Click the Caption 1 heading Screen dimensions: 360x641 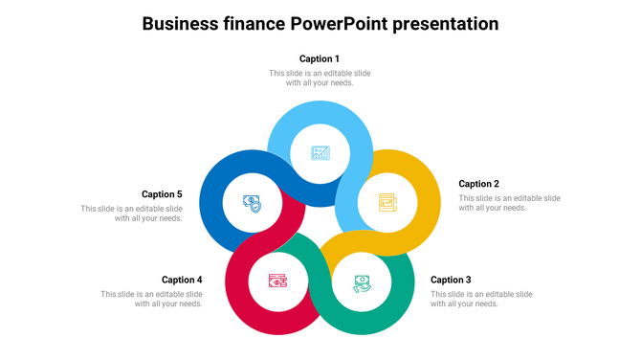(x=320, y=59)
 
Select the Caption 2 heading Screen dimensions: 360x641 (x=478, y=184)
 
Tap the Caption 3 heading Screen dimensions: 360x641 (x=451, y=281)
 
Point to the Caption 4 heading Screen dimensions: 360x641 (x=182, y=281)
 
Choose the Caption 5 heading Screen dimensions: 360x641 (x=162, y=194)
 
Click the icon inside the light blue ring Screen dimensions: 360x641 (x=320, y=153)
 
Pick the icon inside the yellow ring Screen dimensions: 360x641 (x=387, y=202)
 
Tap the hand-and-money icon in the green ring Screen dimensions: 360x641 (x=362, y=282)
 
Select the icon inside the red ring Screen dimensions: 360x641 (x=277, y=282)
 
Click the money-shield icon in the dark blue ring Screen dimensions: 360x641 (x=253, y=204)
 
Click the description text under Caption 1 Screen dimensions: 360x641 (x=320, y=78)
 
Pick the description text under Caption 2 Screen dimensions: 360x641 (x=509, y=203)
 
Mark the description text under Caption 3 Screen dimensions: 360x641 (x=481, y=299)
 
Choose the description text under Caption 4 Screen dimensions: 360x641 (x=152, y=299)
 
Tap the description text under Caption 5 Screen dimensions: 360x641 (x=132, y=214)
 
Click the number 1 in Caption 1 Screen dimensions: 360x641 (x=337, y=59)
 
